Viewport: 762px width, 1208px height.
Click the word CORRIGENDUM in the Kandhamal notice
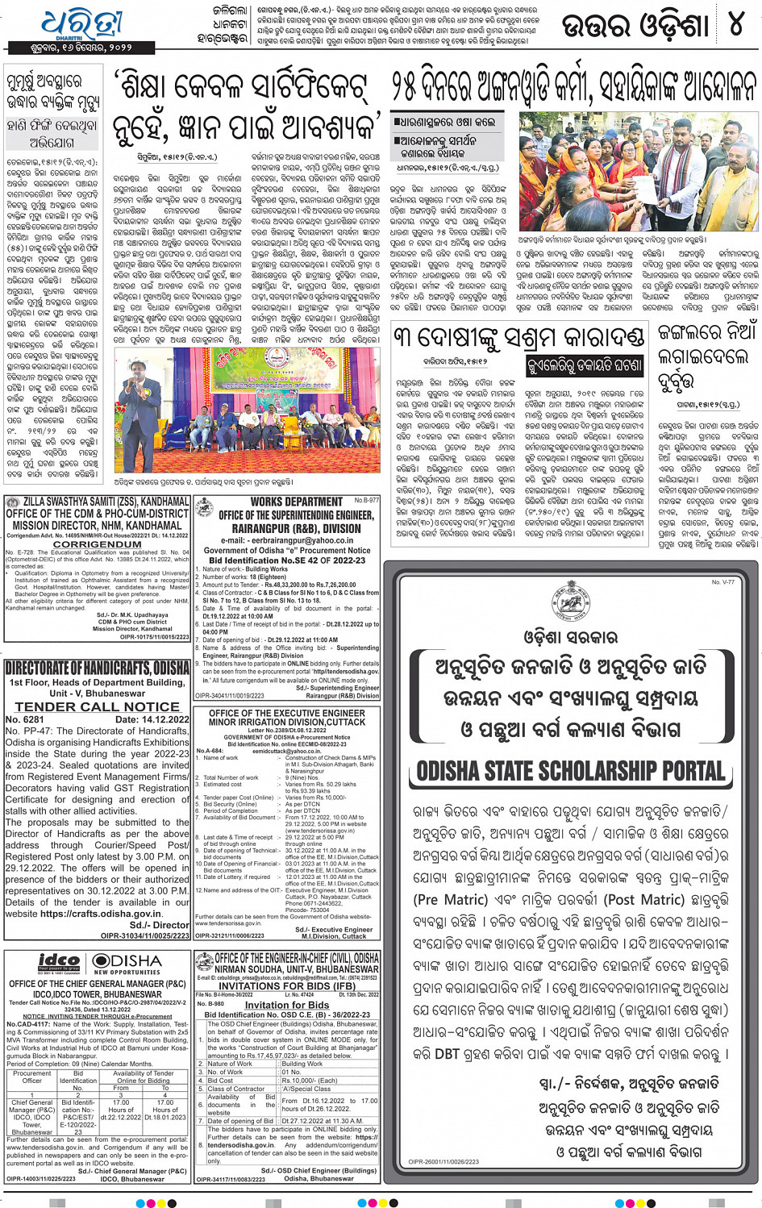[98, 544]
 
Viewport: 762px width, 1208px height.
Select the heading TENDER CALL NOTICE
[98, 706]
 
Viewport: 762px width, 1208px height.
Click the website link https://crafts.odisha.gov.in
[101, 914]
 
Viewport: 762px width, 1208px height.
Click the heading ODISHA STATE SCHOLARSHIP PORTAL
[571, 771]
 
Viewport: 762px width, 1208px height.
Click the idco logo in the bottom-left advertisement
[60, 962]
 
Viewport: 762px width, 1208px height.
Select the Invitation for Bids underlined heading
[286, 1005]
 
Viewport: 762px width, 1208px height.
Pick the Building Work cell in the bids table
[302, 1064]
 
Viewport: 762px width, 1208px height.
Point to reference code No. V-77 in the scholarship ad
[722, 581]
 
